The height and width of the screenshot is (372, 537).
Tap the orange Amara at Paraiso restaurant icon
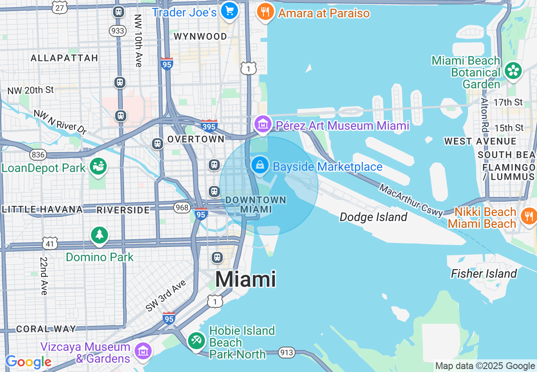265,12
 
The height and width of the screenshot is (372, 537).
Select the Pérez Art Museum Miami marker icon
263,124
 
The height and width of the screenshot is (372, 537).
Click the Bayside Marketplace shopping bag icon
260,165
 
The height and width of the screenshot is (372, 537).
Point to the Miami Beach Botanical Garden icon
514,71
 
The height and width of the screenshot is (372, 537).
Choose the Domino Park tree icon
100,235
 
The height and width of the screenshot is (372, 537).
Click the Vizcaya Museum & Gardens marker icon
143,351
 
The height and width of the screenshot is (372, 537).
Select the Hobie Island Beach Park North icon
197,341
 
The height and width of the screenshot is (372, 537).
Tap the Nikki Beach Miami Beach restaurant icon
529,216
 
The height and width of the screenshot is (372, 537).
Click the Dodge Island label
373,217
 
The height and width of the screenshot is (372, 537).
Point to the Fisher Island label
484,274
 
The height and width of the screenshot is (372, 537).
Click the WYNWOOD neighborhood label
200,37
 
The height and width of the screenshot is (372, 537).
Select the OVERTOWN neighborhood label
196,139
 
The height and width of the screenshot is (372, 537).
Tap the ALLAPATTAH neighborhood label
64,58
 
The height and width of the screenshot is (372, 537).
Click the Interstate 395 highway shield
209,126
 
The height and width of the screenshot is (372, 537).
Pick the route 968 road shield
182,208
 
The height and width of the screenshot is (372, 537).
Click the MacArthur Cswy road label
411,200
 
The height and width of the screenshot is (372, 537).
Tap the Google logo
28,362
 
